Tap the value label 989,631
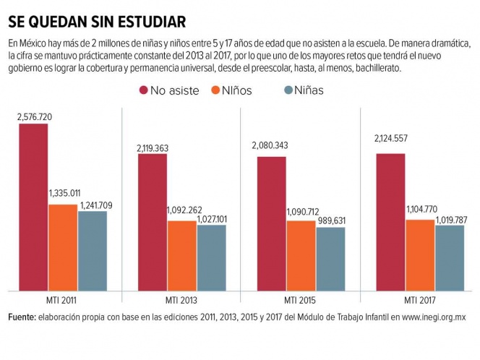331,220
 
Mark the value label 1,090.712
302,213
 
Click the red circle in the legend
143,90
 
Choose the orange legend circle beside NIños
215,90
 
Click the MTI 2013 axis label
181,300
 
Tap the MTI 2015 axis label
300,300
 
